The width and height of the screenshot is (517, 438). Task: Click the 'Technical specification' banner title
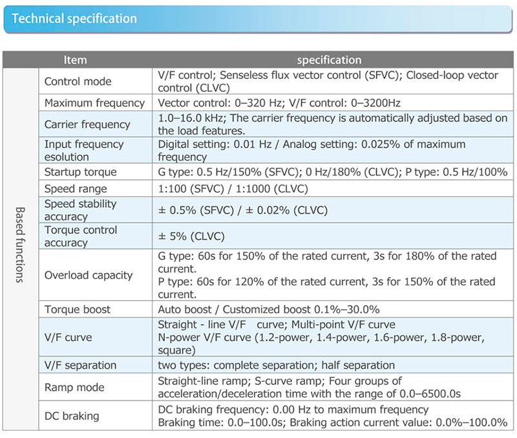click(74, 19)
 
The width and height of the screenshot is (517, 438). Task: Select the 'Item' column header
click(75, 60)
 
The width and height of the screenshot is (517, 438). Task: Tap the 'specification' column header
click(329, 60)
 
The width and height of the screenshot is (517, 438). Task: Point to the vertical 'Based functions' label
click(20, 245)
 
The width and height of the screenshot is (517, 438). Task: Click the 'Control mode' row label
click(78, 82)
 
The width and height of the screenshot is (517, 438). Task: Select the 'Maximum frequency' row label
click(94, 103)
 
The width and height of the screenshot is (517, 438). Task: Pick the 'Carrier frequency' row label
click(87, 124)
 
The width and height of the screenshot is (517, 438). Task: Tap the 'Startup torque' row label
click(80, 172)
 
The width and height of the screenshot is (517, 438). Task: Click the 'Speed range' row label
click(76, 189)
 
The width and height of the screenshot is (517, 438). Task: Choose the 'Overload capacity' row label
click(89, 275)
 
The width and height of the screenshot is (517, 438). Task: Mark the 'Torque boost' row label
click(78, 310)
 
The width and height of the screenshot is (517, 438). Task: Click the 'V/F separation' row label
click(80, 366)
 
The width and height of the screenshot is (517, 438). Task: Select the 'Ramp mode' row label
click(74, 387)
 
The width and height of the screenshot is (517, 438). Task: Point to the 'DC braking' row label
click(72, 416)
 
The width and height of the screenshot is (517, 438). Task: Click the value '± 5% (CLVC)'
click(191, 236)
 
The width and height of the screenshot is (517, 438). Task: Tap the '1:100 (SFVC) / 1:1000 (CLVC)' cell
click(233, 189)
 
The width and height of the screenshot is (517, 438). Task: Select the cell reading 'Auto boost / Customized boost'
click(269, 310)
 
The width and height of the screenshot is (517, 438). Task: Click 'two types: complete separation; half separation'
click(277, 366)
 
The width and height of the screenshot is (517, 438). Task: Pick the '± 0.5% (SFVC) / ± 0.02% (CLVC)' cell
click(243, 210)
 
